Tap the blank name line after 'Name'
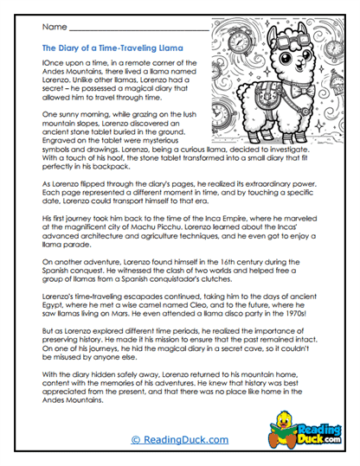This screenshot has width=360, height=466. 138,31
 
